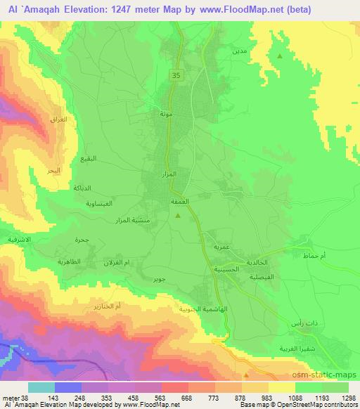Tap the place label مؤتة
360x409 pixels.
166,113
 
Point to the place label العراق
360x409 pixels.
60,119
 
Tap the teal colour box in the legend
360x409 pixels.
41,387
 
